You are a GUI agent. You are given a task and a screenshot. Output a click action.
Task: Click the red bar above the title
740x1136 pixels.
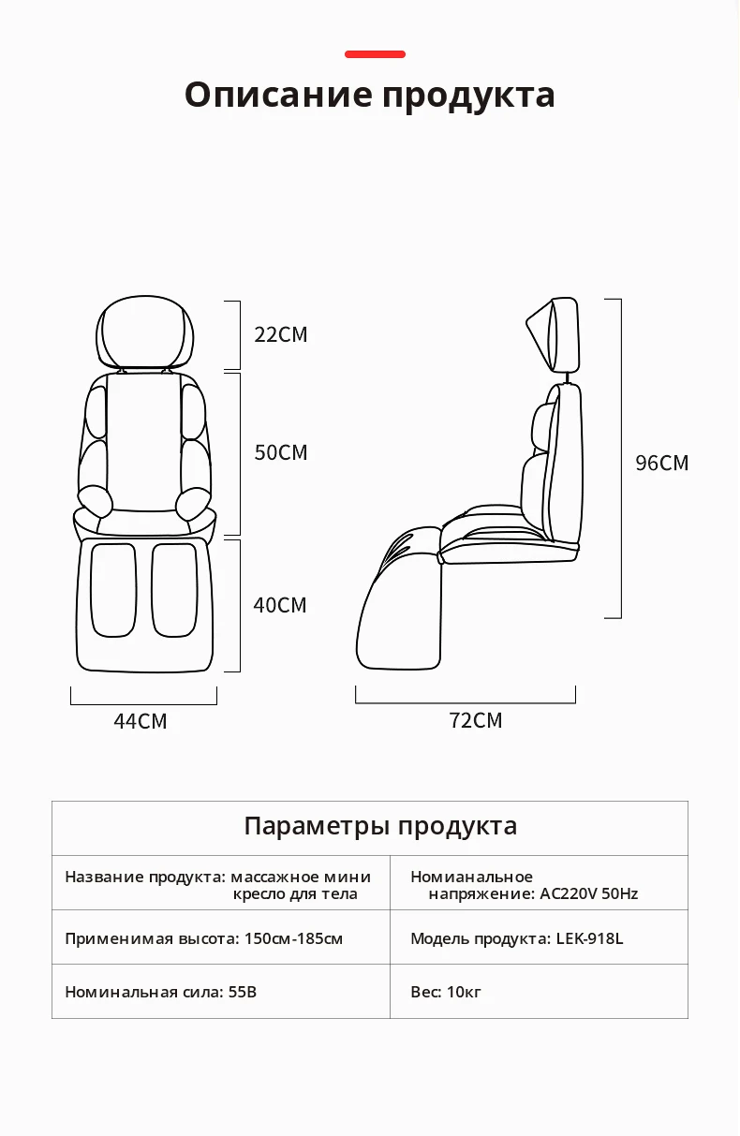(x=375, y=54)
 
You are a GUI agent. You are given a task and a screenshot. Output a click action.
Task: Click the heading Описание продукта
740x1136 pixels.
(x=370, y=96)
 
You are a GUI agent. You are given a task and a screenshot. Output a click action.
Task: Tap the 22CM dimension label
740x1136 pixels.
(x=280, y=334)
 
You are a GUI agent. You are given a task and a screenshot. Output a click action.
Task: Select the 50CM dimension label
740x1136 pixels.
(x=280, y=452)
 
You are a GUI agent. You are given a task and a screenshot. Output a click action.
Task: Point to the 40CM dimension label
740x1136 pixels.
(x=279, y=605)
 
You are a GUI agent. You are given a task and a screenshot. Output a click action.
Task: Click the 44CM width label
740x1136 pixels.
(x=140, y=721)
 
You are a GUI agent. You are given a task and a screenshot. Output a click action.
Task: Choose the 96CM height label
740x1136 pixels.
(x=661, y=463)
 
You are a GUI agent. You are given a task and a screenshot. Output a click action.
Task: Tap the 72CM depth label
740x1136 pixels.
(x=475, y=720)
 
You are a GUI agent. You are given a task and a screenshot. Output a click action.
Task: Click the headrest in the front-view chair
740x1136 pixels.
(x=145, y=332)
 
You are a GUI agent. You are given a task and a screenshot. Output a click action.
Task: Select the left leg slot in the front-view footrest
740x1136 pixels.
(x=112, y=589)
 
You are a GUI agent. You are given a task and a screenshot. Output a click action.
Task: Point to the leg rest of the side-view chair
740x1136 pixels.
(x=398, y=609)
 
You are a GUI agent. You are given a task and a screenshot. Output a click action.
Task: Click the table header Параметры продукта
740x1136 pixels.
(x=379, y=826)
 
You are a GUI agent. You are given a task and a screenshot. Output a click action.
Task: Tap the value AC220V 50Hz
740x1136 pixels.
(x=589, y=893)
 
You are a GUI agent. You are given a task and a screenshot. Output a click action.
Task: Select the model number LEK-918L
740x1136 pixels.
(x=589, y=938)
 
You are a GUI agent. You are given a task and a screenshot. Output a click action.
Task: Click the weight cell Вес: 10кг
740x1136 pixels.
(x=446, y=992)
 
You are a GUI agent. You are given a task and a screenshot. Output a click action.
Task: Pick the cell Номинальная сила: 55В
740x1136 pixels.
(x=160, y=992)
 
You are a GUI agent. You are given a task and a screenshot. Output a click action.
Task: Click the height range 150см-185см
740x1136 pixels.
(x=293, y=938)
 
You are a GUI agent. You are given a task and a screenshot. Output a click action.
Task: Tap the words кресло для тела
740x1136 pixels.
(x=295, y=893)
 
